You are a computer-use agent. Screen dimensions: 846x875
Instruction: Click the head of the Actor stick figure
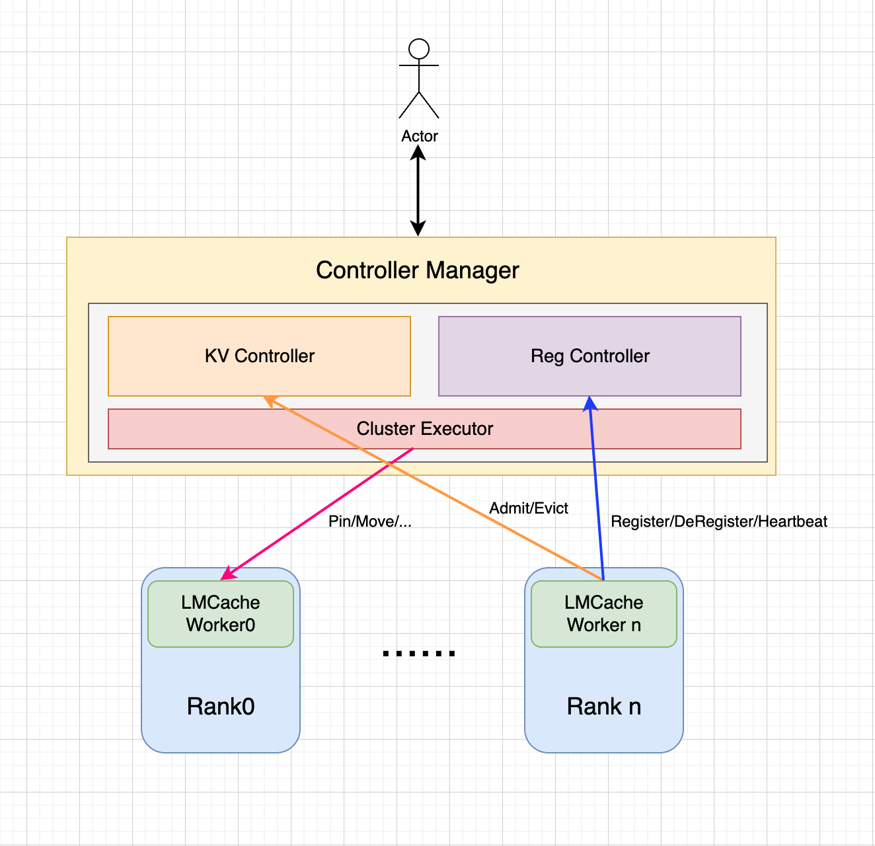419,49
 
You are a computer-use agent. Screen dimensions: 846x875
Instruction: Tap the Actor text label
420,136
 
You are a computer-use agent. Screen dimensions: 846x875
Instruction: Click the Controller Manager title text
417,270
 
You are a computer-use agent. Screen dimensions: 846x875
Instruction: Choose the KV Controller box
259,356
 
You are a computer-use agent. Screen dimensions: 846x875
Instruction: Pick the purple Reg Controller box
590,356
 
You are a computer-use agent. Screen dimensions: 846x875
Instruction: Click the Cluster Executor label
424,429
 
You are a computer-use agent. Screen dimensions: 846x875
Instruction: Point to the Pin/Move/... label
369,521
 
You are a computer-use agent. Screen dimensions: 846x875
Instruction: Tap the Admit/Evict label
528,508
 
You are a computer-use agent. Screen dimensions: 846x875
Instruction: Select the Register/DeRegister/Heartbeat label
718,521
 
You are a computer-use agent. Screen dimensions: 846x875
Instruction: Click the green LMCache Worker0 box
221,614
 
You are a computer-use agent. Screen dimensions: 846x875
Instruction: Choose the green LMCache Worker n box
603,614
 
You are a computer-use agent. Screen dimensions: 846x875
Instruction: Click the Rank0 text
221,707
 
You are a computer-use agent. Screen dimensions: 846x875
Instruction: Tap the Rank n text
603,707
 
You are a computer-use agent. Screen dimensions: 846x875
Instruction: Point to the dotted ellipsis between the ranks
419,654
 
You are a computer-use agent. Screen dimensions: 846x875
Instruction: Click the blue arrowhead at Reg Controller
590,404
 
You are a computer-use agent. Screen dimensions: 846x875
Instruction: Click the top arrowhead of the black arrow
418,153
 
